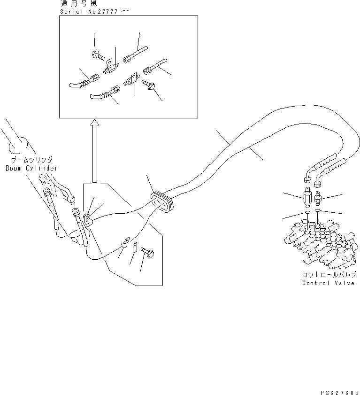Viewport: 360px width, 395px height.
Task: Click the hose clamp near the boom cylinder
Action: click(87, 218)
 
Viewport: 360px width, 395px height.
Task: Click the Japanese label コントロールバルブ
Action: click(329, 275)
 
